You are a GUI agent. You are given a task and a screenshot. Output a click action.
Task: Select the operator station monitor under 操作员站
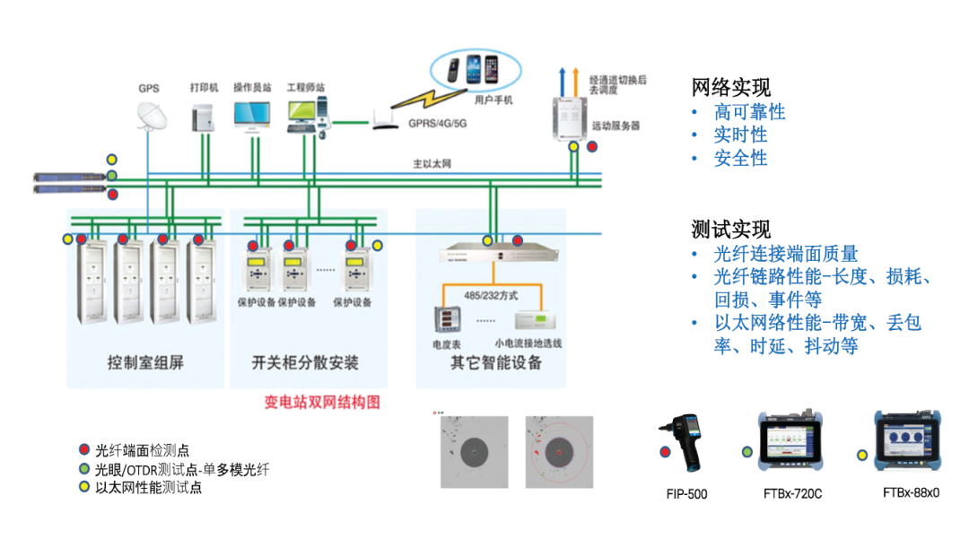(x=250, y=114)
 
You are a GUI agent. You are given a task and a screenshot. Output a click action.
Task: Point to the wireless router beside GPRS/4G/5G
(x=385, y=119)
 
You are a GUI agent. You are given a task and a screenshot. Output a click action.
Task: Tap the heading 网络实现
(x=731, y=88)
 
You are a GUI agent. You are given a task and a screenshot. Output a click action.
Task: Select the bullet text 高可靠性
(x=749, y=112)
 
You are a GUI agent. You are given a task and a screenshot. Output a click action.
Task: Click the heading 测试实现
(x=731, y=229)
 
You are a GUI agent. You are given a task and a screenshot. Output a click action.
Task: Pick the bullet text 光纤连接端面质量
(x=786, y=254)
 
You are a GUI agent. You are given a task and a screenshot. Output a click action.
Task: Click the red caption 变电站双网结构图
(x=322, y=403)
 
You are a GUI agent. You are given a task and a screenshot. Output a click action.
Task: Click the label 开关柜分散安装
(x=305, y=363)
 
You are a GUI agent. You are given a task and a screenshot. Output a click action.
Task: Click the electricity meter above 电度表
(x=447, y=320)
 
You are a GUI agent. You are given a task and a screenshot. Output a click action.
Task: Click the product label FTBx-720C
(x=792, y=493)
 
